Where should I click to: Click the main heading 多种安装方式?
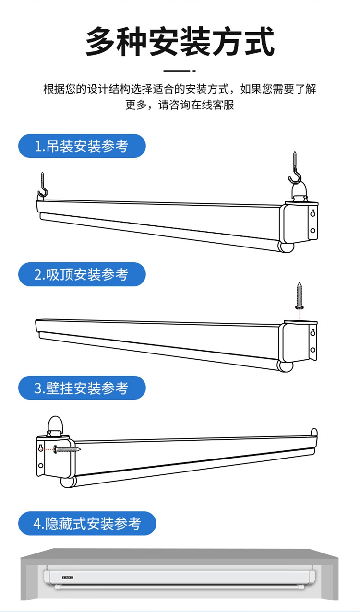[x=180, y=42]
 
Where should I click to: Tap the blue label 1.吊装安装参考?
[x=82, y=146]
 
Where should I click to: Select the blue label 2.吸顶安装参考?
[x=82, y=274]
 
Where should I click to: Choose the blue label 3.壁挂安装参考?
[x=82, y=388]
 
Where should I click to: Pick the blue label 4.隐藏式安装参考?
[x=87, y=523]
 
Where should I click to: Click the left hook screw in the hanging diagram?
[x=43, y=185]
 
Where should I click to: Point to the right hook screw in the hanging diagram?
[x=295, y=167]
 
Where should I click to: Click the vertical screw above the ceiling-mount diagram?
[x=300, y=295]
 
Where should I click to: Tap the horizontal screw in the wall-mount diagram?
[x=67, y=449]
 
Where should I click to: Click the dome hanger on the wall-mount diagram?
[x=55, y=426]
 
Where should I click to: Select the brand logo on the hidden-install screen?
[x=68, y=577]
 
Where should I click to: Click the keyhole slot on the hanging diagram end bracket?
[x=313, y=212]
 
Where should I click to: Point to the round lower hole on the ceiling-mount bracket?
[x=313, y=350]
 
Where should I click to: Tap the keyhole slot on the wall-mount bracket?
[x=41, y=448]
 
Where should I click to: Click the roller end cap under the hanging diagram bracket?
[x=286, y=247]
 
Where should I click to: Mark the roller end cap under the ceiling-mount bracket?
[x=285, y=366]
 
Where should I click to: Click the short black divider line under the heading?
[x=180, y=71]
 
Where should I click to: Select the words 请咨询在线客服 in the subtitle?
[x=196, y=105]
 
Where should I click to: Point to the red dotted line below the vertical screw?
[x=300, y=315]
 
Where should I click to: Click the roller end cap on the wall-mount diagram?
[x=68, y=482]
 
